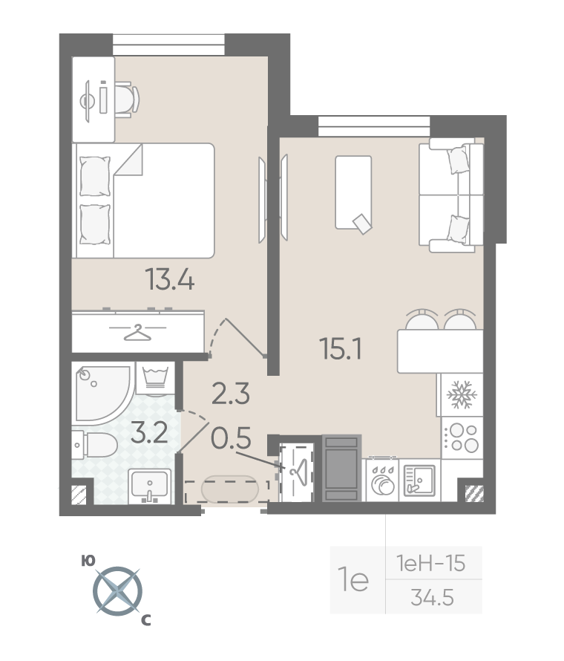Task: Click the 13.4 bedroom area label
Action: pos(169,279)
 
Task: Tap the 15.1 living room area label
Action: pos(341,348)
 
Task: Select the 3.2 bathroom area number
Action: pos(149,433)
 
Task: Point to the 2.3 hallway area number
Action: pos(231,394)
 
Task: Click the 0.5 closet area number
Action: pos(231,437)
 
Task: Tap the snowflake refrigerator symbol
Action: pos(462,394)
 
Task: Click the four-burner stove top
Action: pos(462,437)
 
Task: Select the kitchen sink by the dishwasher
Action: pos(419,480)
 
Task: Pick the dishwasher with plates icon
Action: pos(382,480)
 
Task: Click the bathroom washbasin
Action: pos(149,486)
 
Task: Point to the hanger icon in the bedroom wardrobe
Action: pos(137,332)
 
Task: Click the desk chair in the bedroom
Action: pos(126,100)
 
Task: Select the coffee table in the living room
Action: pos(353,192)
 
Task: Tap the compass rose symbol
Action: pos(117,591)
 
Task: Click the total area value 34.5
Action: pos(432,597)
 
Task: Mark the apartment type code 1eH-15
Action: pos(430,563)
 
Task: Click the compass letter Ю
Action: pos(88,561)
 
